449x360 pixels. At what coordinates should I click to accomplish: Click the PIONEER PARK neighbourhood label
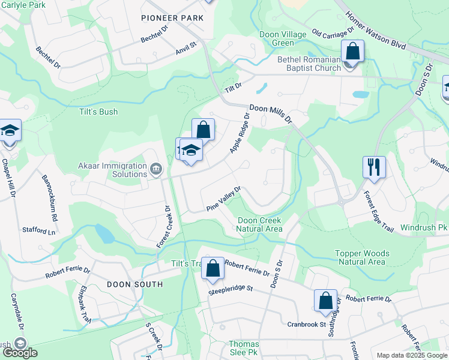click(x=172, y=18)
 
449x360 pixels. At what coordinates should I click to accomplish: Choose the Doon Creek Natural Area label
click(x=259, y=224)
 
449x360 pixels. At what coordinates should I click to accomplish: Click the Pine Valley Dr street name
click(x=223, y=198)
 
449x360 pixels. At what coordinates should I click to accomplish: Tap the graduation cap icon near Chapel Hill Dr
click(x=10, y=131)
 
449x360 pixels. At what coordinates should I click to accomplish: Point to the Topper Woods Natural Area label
click(x=362, y=258)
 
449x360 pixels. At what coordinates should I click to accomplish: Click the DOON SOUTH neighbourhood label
click(x=135, y=284)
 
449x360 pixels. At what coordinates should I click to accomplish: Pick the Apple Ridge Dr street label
click(x=238, y=133)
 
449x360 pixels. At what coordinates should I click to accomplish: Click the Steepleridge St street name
click(x=231, y=290)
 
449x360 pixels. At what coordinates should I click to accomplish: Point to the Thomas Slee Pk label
click(x=244, y=348)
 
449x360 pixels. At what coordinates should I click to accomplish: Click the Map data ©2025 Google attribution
click(x=411, y=355)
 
